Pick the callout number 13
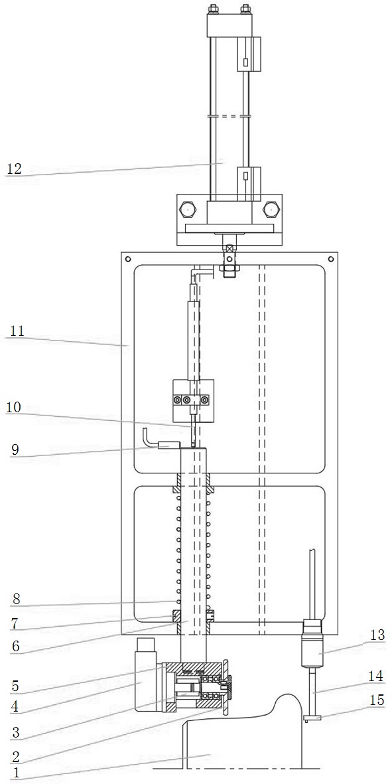(377, 635)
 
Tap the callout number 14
(377, 676)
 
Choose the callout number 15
(377, 700)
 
